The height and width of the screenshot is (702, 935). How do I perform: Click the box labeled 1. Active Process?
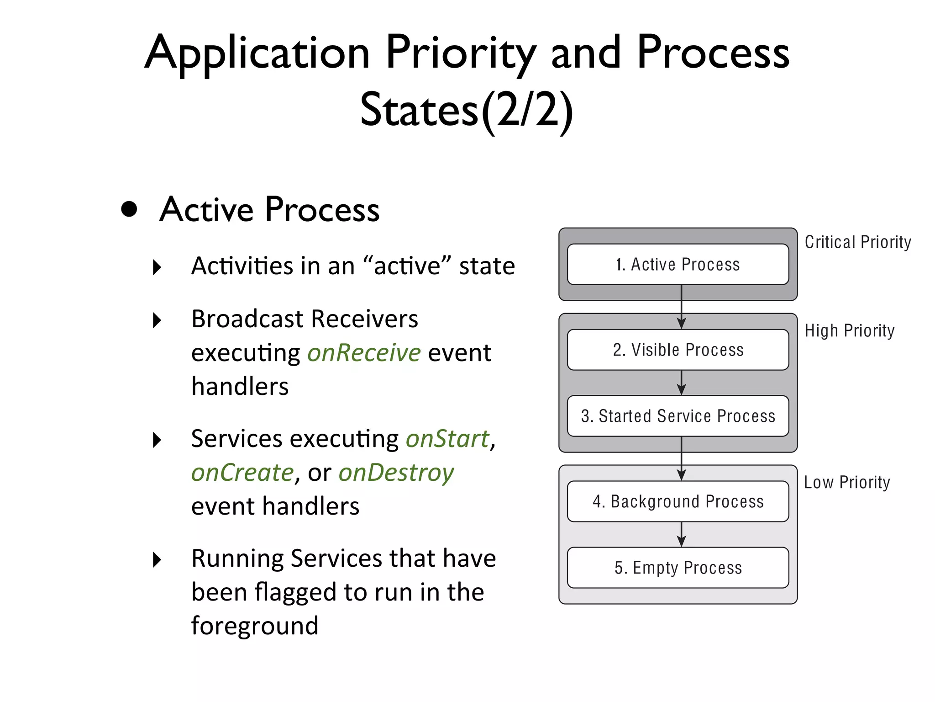pos(678,265)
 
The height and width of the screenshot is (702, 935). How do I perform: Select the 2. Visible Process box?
pos(678,350)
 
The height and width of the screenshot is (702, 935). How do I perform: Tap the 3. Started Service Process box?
pos(678,416)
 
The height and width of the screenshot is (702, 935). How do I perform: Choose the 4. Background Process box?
pos(678,501)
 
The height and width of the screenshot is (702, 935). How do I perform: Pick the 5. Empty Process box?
pos(678,568)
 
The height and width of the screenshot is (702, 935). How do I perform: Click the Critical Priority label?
pos(857,242)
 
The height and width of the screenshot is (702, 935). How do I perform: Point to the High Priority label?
pos(849,330)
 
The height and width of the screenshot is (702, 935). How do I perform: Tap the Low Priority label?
pos(847,482)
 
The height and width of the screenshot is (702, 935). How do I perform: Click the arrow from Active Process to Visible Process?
pos(681,307)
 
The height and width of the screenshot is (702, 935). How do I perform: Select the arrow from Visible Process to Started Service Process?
pos(681,383)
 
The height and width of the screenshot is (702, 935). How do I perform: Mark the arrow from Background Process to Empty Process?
pos(681,535)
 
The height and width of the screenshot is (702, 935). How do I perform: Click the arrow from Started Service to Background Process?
pos(681,458)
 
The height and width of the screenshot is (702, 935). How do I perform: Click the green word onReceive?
pos(363,353)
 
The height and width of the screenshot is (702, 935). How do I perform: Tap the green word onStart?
pos(447,439)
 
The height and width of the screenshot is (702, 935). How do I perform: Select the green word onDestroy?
pos(396,473)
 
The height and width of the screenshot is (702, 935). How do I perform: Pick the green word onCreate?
pos(242,473)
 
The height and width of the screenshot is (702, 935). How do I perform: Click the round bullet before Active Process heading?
pos(129,209)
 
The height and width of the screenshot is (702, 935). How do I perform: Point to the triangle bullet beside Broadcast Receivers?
pos(157,320)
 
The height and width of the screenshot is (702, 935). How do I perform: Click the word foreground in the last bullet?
pos(254,626)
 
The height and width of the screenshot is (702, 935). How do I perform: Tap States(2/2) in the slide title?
pos(466,110)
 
